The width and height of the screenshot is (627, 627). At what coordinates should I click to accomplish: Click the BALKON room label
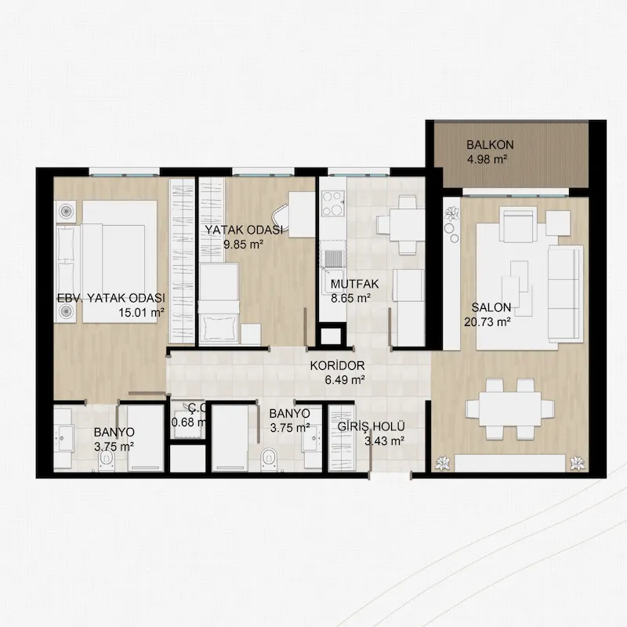(490, 144)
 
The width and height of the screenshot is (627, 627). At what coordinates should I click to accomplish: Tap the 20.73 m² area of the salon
(487, 322)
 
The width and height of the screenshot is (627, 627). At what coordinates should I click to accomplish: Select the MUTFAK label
(355, 284)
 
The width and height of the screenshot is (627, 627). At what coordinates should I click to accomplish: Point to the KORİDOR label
(337, 365)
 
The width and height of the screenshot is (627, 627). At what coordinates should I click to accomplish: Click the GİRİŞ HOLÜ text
(371, 426)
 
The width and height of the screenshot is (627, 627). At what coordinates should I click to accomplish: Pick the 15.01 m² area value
(141, 313)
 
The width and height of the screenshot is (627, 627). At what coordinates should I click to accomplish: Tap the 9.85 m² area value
(243, 245)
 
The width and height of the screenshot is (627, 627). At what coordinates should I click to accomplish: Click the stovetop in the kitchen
(333, 203)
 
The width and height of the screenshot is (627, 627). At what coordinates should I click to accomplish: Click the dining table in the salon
(510, 408)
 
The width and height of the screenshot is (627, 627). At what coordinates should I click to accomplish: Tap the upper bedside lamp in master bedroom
(65, 211)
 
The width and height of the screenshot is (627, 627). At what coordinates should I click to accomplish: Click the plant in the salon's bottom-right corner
(576, 463)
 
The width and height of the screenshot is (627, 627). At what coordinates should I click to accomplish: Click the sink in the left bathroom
(63, 438)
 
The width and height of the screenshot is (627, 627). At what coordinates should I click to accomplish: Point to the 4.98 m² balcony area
(487, 160)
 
